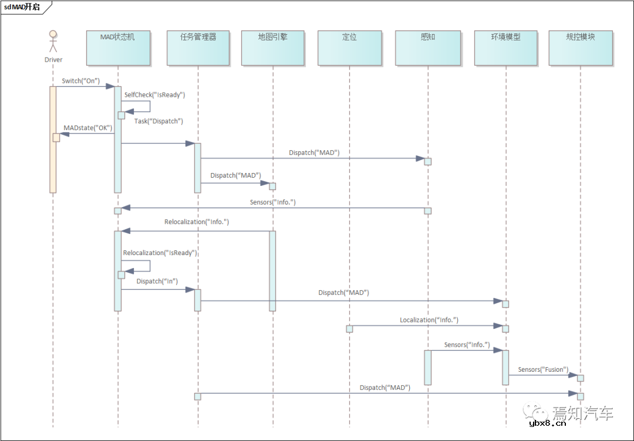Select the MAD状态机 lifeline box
(x=117, y=48)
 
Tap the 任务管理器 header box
(x=198, y=48)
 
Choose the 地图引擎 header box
(x=272, y=48)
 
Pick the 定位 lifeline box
(x=349, y=48)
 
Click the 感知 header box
(x=427, y=48)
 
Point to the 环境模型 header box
(x=505, y=48)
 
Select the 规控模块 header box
(x=580, y=48)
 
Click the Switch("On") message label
(x=81, y=81)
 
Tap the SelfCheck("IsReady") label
(x=154, y=94)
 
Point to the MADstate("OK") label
(x=88, y=128)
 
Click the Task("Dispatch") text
(x=158, y=121)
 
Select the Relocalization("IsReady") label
(x=160, y=253)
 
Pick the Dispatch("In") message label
(x=157, y=281)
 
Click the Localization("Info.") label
(x=429, y=320)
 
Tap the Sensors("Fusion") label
(x=543, y=369)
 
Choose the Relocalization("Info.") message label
(x=197, y=222)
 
